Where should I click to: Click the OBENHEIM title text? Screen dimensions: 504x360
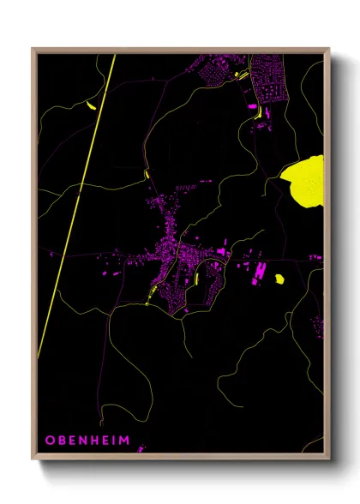pos(87,441)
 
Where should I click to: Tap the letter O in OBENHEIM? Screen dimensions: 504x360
pos(50,441)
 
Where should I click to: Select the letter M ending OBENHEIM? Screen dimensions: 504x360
pos(125,441)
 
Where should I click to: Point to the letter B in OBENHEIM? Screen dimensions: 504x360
pos(61,441)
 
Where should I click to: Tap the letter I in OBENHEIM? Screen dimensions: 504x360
pos(114,441)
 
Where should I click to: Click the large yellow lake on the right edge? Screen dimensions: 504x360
pos(307,181)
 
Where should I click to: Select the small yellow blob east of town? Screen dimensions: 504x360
pos(279,278)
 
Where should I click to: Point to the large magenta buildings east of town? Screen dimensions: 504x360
pos(256,273)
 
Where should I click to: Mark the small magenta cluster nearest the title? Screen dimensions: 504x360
pos(141,447)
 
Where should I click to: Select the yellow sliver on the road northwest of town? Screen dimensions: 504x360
pos(147,176)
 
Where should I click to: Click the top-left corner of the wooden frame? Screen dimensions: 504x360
pos(33,50)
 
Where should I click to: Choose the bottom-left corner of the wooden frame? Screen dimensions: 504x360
pos(33,460)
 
